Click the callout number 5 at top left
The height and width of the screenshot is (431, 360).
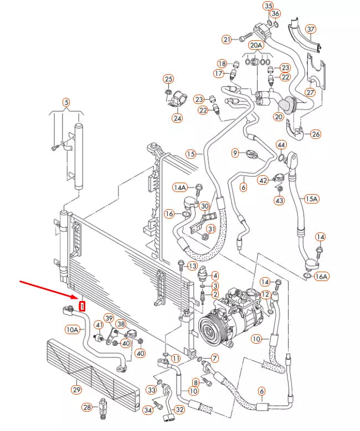pos(66,102)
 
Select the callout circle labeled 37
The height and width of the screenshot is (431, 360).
pos(311,29)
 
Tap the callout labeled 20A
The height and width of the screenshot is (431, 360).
pos(255,45)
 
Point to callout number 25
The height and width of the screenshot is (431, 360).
pos(168,79)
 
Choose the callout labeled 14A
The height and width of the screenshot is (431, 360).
pos(181,187)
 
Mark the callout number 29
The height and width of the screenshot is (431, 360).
pos(76,390)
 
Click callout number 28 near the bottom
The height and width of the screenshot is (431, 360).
pos(87,408)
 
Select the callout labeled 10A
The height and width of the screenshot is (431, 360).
pos(73,330)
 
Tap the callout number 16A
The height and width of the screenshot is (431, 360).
pos(321,276)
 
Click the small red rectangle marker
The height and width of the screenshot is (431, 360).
pos(83,306)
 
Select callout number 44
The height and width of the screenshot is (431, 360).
pos(281,145)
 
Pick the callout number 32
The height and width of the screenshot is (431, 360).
pos(179,410)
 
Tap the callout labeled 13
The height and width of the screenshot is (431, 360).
pos(192,266)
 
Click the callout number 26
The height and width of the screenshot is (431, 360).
pos(316,134)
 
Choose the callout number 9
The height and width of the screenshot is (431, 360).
pos(235,152)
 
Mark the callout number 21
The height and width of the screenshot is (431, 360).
pos(227,39)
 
